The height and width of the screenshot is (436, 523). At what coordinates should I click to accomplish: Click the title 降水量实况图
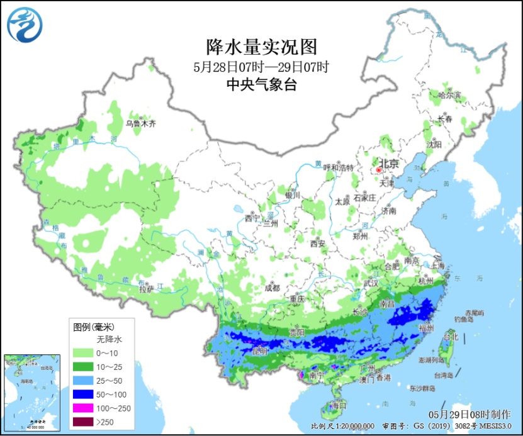(x=261, y=47)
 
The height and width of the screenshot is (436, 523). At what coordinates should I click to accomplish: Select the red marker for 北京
(x=379, y=169)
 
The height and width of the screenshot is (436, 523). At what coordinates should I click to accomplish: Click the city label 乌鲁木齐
(x=140, y=124)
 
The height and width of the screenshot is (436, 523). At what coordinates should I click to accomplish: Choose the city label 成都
(x=272, y=288)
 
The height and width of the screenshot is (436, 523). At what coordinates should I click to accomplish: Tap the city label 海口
(x=339, y=405)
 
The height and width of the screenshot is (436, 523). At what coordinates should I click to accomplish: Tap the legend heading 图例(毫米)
(x=93, y=327)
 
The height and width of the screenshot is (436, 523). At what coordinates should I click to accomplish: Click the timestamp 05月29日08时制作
(x=470, y=415)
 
